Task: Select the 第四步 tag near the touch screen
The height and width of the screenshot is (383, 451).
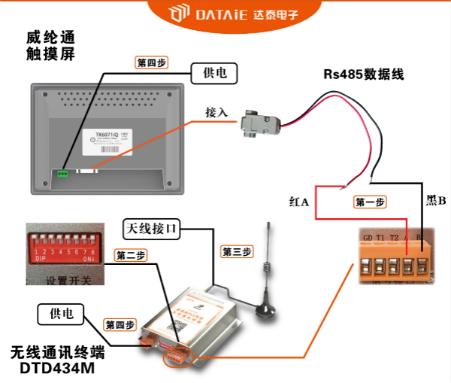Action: coord(151,63)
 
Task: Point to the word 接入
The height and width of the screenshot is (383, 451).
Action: coord(216,112)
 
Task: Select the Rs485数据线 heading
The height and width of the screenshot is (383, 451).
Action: coord(364,74)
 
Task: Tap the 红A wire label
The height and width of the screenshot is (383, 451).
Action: coord(299,202)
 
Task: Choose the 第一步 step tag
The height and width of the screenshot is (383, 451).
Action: coord(370,202)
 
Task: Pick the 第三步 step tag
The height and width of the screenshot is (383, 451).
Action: coord(237,251)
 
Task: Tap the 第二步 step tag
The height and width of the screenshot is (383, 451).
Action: coord(130,256)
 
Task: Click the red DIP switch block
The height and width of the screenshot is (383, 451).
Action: coord(63,247)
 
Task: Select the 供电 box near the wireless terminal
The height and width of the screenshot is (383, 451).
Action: coord(60,313)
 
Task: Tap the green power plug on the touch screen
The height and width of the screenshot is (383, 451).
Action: coord(62,173)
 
